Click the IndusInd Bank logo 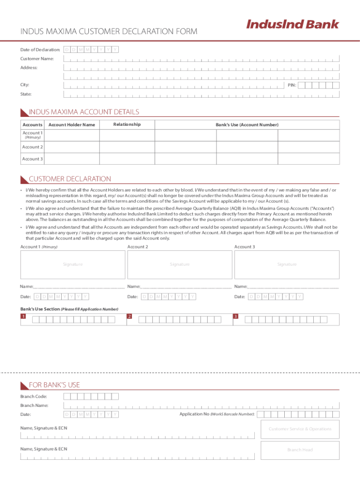coord(292,24)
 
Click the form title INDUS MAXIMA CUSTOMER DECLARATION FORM coord(108,31)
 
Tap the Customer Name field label coord(37,59)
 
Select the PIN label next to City coord(291,85)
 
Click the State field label coord(26,94)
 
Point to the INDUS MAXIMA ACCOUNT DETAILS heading coord(84,112)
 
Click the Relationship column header coord(127,124)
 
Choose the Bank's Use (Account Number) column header coord(246,125)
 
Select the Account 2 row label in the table coord(32,147)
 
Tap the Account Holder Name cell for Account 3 coord(72,159)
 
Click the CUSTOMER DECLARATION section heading coord(70,179)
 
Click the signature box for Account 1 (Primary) coord(72,264)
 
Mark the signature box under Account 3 coord(287,264)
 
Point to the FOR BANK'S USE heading coord(54,385)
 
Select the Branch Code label coord(33,397)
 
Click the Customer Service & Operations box coord(300,429)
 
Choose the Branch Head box coord(300,450)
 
